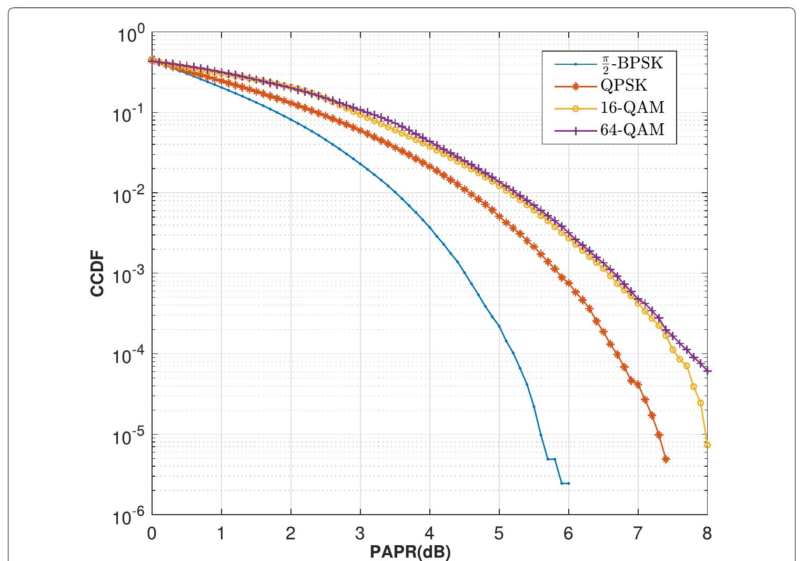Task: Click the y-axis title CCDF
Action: click(x=98, y=274)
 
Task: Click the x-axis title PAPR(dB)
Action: click(x=410, y=552)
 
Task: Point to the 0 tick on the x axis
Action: click(x=152, y=534)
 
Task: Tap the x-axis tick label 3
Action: click(x=360, y=534)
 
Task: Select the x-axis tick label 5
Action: click(x=499, y=534)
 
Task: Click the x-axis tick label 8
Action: click(x=707, y=534)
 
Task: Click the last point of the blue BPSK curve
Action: click(x=569, y=484)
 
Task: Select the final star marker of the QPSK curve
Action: click(x=666, y=459)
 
